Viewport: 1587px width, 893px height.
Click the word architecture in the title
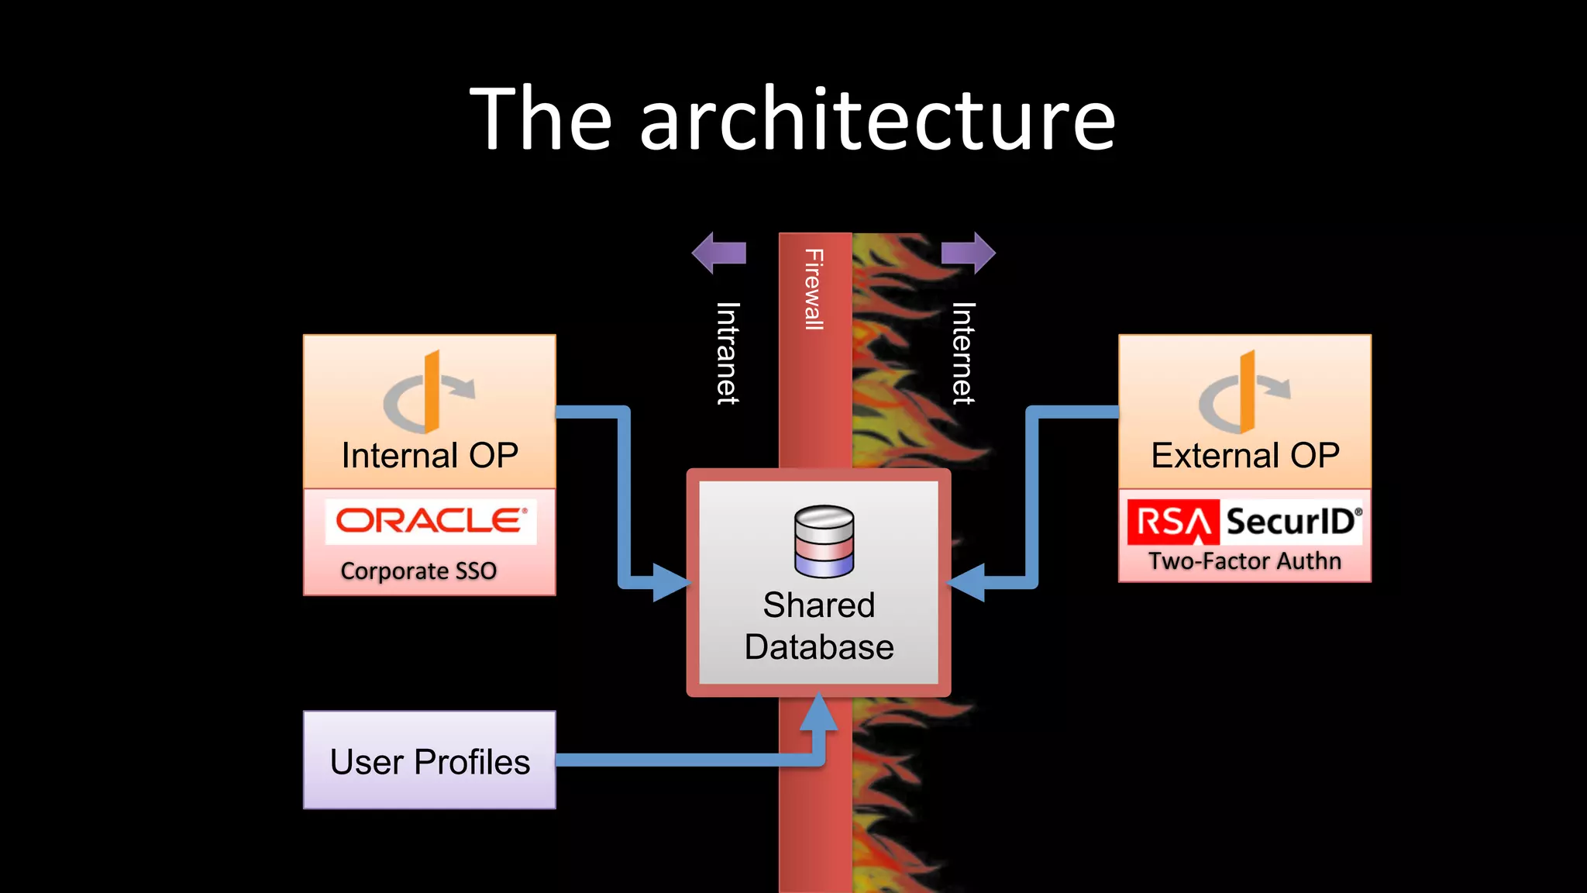[x=877, y=120]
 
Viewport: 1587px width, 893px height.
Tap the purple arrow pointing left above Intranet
[x=718, y=253]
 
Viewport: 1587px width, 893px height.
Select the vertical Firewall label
[x=814, y=289]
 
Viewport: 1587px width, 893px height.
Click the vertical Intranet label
[x=727, y=353]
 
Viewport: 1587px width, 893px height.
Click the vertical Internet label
[x=962, y=353]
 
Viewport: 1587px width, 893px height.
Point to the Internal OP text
[x=430, y=456]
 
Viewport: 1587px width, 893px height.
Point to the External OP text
[x=1244, y=456]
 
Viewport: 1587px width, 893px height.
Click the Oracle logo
[x=431, y=521]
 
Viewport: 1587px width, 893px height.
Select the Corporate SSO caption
[x=418, y=571]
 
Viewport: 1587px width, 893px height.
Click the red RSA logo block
[x=1173, y=522]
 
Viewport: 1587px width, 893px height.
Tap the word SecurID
[x=1291, y=521]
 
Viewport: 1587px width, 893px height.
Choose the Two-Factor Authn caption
[x=1244, y=560]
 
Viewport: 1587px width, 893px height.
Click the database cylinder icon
[x=824, y=541]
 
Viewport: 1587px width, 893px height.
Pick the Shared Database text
[x=819, y=626]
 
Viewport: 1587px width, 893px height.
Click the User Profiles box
[x=429, y=760]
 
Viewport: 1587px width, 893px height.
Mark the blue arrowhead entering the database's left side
[x=669, y=582]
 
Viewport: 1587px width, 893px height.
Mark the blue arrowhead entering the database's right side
[x=968, y=582]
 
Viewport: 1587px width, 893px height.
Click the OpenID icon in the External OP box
[x=1243, y=392]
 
